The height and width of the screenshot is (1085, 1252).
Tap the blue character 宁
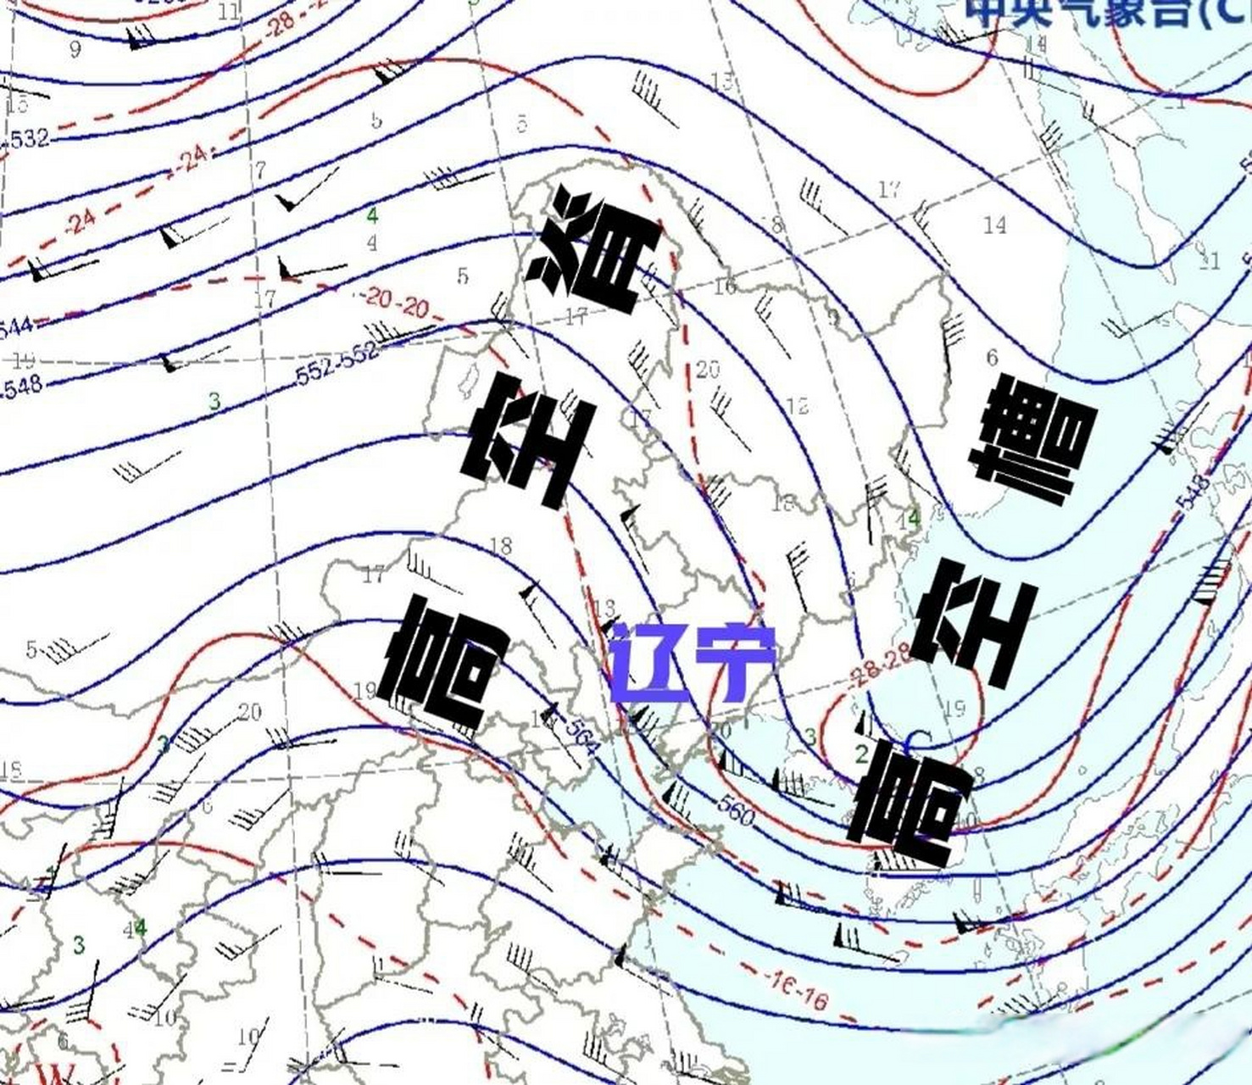pyautogui.click(x=735, y=664)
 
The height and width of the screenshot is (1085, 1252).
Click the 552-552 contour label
pyautogui.click(x=337, y=366)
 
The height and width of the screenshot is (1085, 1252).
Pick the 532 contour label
pyautogui.click(x=27, y=138)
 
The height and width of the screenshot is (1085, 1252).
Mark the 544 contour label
pyautogui.click(x=15, y=325)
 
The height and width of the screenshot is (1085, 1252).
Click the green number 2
pyautogui.click(x=861, y=753)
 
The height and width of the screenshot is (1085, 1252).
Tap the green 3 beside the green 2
pyautogui.click(x=810, y=737)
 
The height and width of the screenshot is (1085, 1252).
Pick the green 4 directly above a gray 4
pyautogui.click(x=371, y=215)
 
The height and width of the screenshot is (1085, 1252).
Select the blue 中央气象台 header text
pyautogui.click(x=1102, y=13)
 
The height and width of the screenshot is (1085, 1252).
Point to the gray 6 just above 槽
pyautogui.click(x=992, y=359)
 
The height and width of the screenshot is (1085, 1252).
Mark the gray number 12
pyautogui.click(x=797, y=405)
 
